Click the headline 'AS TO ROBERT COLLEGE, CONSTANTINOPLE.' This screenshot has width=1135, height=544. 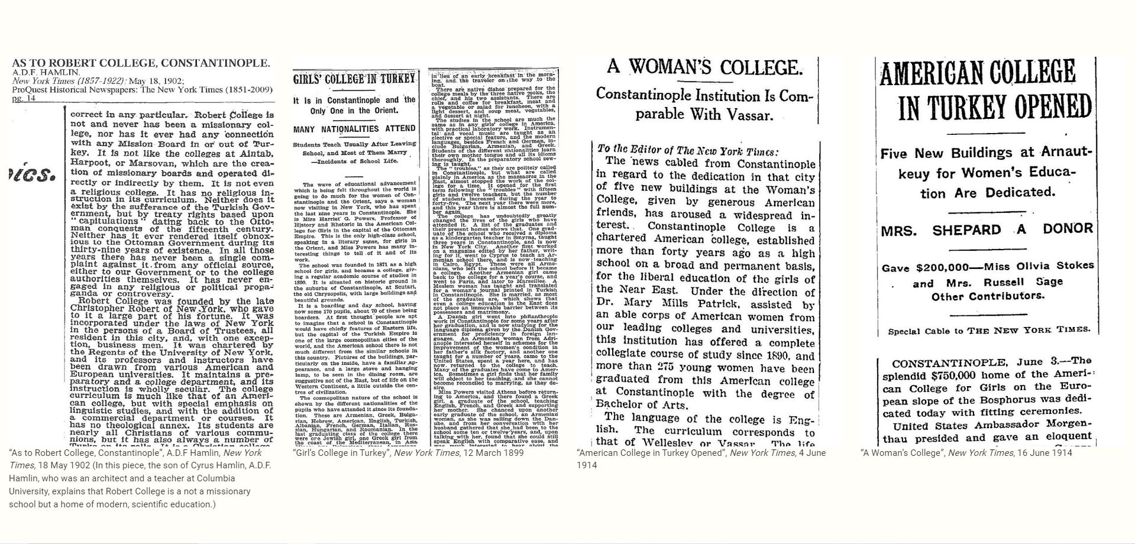click(141, 63)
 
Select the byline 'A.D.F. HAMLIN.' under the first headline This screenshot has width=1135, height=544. click(46, 73)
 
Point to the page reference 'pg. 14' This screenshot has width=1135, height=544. click(23, 98)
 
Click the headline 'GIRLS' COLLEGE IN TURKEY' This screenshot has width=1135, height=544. click(354, 79)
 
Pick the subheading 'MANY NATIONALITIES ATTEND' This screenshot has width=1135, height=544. click(354, 129)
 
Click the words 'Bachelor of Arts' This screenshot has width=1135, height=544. click(641, 406)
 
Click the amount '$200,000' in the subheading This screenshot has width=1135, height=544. click(940, 268)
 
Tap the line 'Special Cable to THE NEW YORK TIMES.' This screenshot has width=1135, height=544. click(988, 330)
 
